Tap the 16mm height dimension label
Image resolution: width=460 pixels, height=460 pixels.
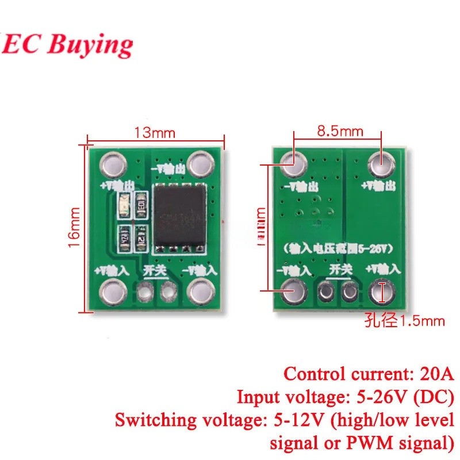click(x=73, y=228)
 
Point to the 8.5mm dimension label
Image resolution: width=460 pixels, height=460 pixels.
click(x=340, y=131)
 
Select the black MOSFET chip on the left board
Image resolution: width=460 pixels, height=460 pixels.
click(x=179, y=217)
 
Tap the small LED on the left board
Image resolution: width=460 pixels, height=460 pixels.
click(x=122, y=203)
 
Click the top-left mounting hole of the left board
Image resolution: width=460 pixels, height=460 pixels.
click(x=112, y=165)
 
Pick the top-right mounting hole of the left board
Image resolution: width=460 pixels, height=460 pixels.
click(x=198, y=165)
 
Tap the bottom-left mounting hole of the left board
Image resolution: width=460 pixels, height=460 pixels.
click(x=112, y=292)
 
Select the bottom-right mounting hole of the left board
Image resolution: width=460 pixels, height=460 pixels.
click(x=198, y=292)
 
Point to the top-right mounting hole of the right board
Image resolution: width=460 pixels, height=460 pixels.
click(x=380, y=165)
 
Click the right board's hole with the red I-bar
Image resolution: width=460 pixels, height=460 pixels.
click(x=380, y=292)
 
